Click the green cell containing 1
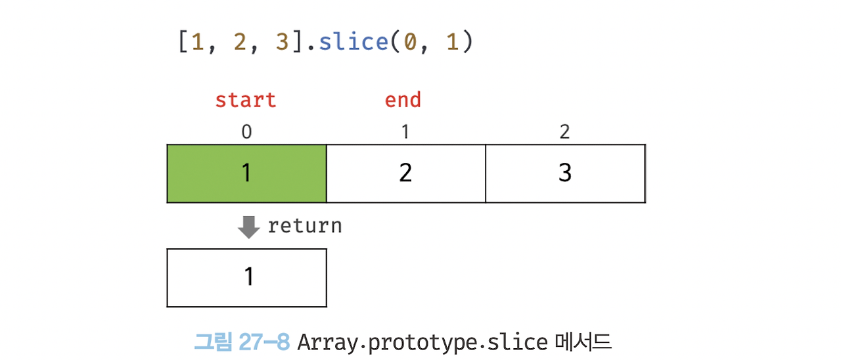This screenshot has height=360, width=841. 246,173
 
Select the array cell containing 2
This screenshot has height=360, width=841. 405,173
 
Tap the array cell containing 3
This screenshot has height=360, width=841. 565,173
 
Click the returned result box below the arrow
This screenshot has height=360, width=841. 246,277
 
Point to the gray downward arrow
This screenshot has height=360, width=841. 248,227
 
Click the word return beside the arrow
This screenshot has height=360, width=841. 305,226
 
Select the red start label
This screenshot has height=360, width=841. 246,101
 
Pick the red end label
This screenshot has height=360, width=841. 403,101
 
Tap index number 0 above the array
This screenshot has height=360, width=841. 246,132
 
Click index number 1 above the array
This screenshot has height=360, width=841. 405,132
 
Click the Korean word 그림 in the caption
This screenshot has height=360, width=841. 210,342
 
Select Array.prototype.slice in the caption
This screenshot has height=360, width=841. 422,342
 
